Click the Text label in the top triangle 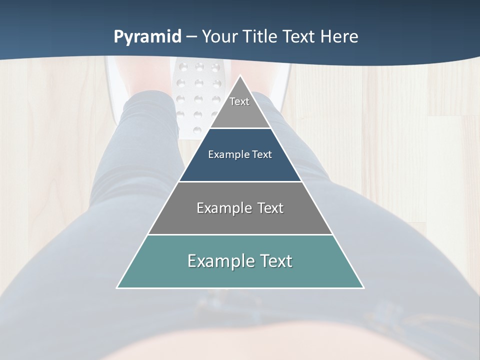(x=239, y=101)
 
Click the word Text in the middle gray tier (x=270, y=208)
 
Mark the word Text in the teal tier (x=275, y=261)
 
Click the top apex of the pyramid (x=240, y=76)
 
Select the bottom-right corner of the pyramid (x=363, y=287)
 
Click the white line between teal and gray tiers (x=240, y=234)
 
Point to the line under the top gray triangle (x=240, y=128)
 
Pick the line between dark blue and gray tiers (x=240, y=181)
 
